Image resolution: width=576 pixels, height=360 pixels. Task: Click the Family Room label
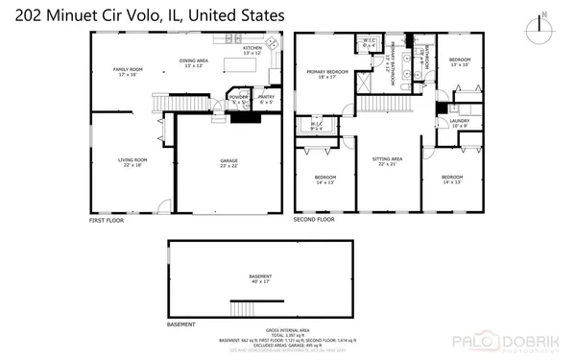[x=129, y=70]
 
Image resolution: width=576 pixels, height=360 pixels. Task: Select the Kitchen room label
[x=252, y=50]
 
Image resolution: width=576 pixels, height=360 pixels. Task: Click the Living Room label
[x=132, y=162]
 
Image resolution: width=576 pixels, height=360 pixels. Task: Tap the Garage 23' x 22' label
[x=228, y=162]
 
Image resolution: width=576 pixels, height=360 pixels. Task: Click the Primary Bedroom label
[x=326, y=75]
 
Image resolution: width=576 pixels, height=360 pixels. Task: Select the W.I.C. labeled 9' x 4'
[x=315, y=125]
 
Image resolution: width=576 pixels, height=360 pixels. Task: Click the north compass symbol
[x=544, y=21]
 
